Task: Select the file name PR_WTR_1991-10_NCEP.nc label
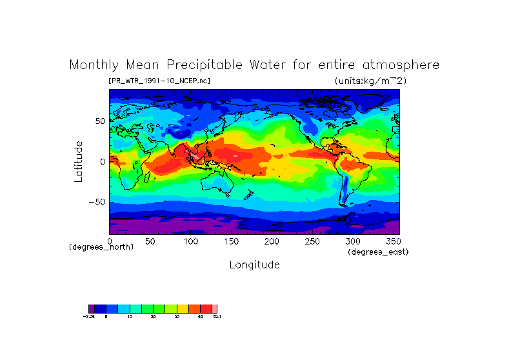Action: tap(159, 81)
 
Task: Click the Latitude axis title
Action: tap(79, 161)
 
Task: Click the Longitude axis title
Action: tap(254, 265)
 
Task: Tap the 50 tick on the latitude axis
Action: tap(100, 121)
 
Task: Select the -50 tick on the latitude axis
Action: tap(97, 201)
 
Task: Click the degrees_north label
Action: tap(101, 247)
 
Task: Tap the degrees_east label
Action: tap(378, 252)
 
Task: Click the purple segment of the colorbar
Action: tap(92, 308)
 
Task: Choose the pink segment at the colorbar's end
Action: tap(215, 308)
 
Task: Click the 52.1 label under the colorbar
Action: tap(217, 317)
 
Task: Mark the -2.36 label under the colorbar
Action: tap(89, 317)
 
